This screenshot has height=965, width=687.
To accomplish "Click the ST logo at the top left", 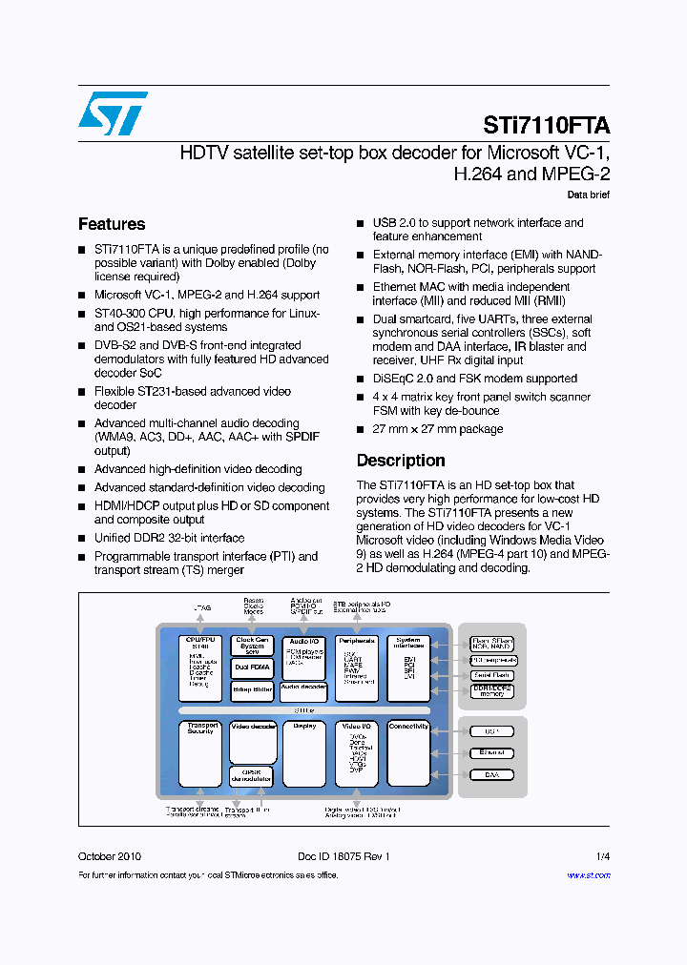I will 113,113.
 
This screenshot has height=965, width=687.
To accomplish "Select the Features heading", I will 112,224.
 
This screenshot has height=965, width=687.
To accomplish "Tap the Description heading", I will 401,461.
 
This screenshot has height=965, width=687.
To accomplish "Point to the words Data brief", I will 588,195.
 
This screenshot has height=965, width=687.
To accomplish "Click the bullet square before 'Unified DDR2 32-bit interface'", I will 82,539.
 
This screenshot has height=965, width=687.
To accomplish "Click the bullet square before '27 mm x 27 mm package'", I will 361,429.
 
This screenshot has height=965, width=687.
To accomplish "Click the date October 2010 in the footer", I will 109,856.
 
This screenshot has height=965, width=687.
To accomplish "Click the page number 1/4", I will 602,856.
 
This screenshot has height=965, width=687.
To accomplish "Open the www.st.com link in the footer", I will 588,874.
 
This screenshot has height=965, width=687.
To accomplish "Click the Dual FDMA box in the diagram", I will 252,667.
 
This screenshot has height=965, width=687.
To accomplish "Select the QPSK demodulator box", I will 252,775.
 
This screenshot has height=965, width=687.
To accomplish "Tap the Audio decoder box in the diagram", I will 303,688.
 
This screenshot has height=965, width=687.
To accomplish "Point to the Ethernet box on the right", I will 491,753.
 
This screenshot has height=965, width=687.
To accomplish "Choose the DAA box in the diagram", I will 491,775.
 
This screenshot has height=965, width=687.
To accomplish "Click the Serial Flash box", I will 491,675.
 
